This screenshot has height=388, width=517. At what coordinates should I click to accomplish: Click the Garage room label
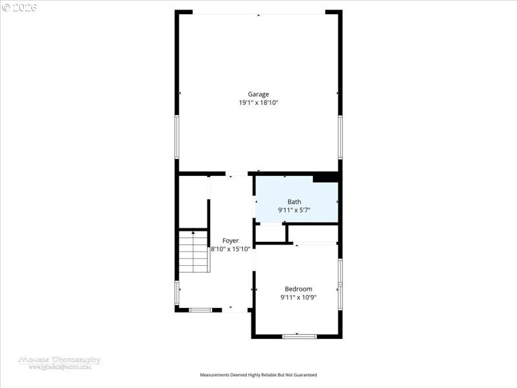pos(258,94)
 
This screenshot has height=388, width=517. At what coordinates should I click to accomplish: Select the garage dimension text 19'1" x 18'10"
pos(258,103)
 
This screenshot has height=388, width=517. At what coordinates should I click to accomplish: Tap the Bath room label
pos(294,202)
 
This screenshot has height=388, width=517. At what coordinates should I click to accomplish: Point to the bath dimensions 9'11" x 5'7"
pos(294,210)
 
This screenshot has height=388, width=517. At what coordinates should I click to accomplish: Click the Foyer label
pos(231,241)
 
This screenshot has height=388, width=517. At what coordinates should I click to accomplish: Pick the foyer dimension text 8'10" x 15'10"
pos(231,249)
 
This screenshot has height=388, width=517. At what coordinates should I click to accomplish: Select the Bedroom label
pos(299,289)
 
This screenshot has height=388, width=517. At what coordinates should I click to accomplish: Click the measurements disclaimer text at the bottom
pos(258,375)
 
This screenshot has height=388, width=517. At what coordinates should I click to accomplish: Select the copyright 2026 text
pos(19,8)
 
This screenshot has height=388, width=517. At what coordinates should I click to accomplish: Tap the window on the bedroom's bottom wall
pos(299,336)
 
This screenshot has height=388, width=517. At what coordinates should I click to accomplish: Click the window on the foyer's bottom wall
pos(200,310)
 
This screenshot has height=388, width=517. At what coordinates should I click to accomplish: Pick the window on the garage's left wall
pos(177,136)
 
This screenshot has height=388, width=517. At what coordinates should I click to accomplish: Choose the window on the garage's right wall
pos(340,136)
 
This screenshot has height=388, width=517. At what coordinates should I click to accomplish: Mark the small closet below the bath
pos(270,233)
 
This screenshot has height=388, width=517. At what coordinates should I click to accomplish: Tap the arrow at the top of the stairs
pos(193,232)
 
